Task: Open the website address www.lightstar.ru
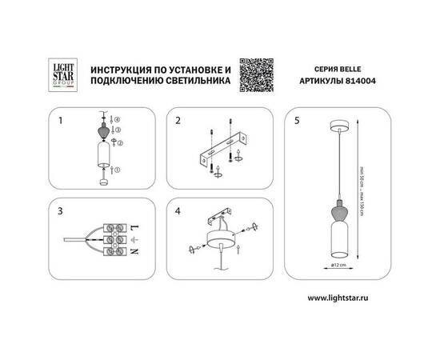(x=343, y=297)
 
